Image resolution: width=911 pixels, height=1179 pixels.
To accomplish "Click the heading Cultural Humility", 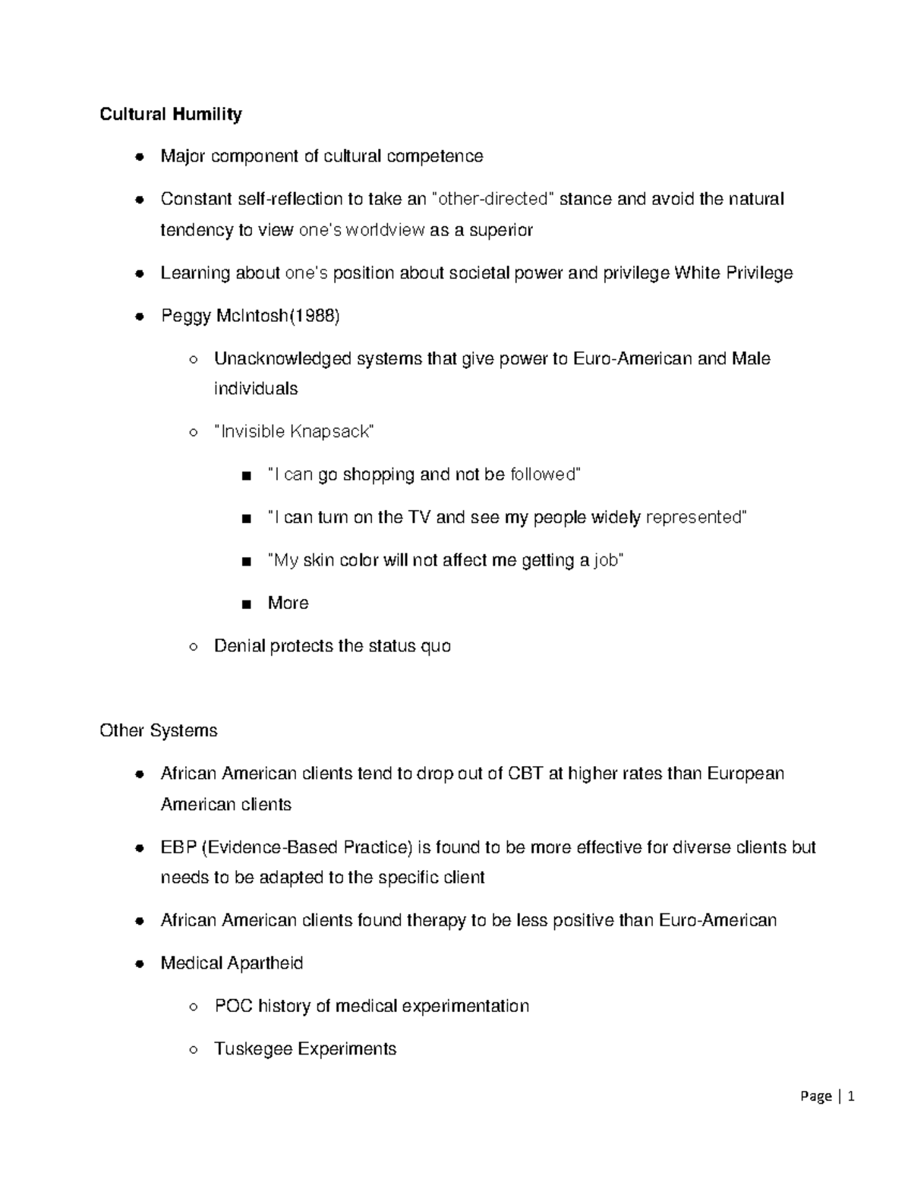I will tap(171, 114).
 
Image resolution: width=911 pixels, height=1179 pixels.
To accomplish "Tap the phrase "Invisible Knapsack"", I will tap(295, 432).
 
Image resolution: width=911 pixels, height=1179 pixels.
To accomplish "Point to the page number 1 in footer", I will tap(852, 1096).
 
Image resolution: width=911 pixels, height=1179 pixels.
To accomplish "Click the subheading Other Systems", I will tap(158, 730).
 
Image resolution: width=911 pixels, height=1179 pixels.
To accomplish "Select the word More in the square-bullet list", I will tap(288, 603).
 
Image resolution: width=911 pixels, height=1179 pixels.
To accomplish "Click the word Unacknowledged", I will tap(282, 358).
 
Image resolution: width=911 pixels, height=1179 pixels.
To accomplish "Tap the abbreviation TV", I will tap(419, 518).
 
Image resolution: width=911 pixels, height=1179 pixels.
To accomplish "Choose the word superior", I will tap(500, 230).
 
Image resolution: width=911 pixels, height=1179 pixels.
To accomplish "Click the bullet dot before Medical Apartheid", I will tap(139, 964).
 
